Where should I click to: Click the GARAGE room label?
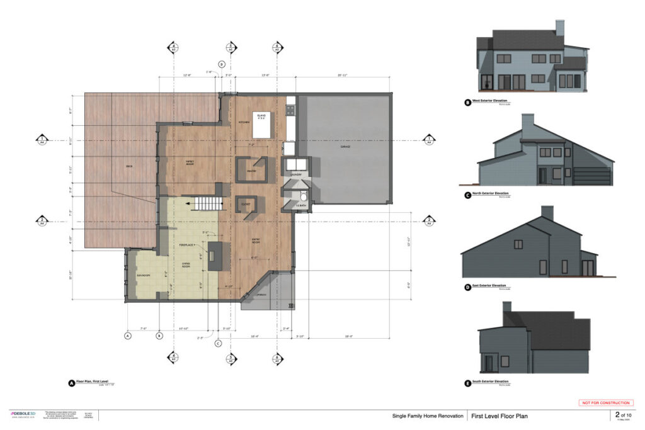(x=345, y=147)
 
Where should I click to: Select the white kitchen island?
(x=262, y=125)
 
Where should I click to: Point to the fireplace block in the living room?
(x=215, y=255)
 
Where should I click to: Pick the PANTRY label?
(x=251, y=170)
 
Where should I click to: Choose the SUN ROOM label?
(x=143, y=276)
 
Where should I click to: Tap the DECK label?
(x=128, y=167)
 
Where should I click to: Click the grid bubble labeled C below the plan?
(x=218, y=343)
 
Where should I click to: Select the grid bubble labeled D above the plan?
(x=222, y=64)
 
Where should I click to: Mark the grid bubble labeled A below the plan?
(x=128, y=336)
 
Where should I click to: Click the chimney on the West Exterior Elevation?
(x=559, y=28)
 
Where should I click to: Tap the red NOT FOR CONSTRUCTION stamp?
(x=606, y=403)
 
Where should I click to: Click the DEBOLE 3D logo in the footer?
(x=24, y=414)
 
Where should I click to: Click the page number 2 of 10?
(x=624, y=416)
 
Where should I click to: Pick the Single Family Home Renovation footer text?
(x=424, y=416)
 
